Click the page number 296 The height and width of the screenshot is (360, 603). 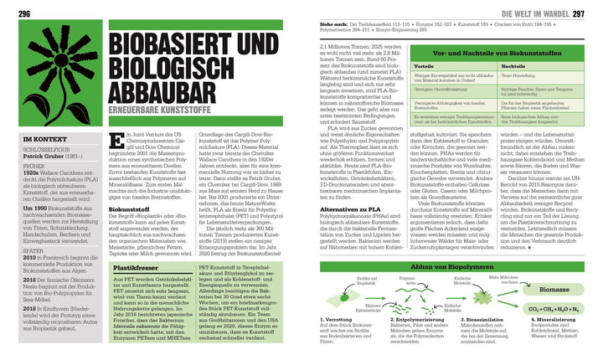(x=13, y=14)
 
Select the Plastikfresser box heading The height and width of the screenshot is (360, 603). (x=134, y=268)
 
